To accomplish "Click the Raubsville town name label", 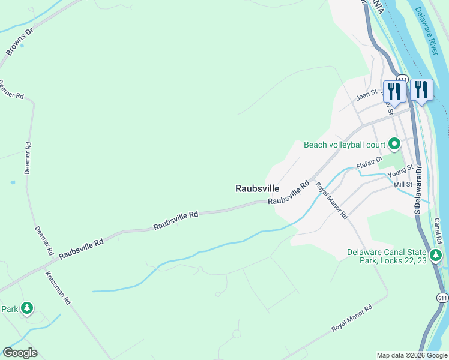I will coord(258,188).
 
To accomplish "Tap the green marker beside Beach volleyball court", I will coord(394,144).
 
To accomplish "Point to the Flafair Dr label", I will coord(369,163).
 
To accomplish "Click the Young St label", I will coord(400,172).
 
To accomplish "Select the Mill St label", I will coord(403,184).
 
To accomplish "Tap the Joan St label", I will coord(366,94).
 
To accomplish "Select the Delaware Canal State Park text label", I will coord(387,256).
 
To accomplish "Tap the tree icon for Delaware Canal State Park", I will coord(437,256).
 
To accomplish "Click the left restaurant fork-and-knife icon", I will coord(394,91).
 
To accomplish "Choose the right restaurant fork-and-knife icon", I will coord(421,90).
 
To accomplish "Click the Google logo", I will coord(20,353).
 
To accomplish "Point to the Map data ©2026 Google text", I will coord(411,355).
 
